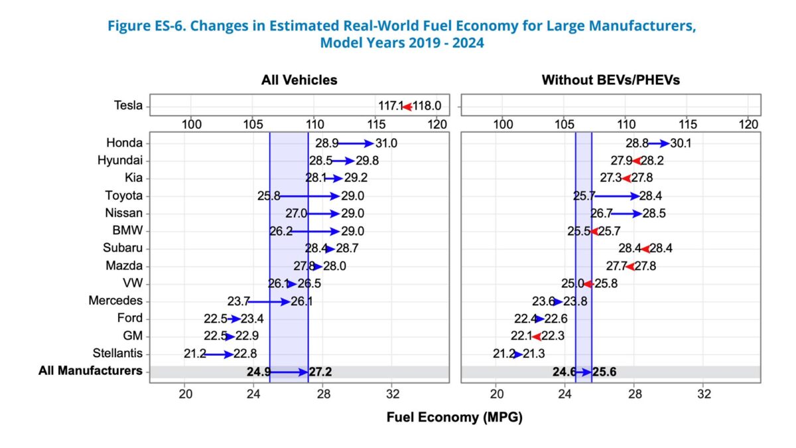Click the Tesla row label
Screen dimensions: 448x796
tap(128, 106)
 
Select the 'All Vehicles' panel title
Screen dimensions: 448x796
tap(298, 80)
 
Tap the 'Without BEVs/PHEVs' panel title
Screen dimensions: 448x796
tap(610, 80)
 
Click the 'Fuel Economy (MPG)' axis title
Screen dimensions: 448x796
tap(454, 418)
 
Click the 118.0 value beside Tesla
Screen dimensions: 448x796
tap(428, 106)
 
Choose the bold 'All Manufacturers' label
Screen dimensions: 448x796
tap(90, 371)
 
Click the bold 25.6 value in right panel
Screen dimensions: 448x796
tap(604, 372)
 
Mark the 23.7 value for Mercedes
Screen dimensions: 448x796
tap(239, 301)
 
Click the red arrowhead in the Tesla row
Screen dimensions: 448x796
tap(407, 106)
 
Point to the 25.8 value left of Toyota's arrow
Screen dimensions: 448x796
tap(269, 196)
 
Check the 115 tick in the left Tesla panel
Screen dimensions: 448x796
tap(376, 124)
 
